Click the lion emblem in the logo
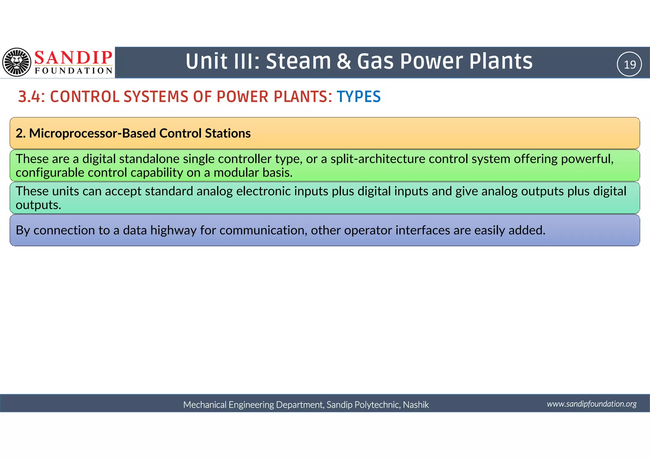point(17,62)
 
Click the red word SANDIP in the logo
point(73,57)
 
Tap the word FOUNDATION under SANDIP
point(74,71)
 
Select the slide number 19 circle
point(629,64)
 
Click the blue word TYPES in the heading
point(358,97)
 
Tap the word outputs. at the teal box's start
point(38,205)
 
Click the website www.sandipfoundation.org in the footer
point(591,404)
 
